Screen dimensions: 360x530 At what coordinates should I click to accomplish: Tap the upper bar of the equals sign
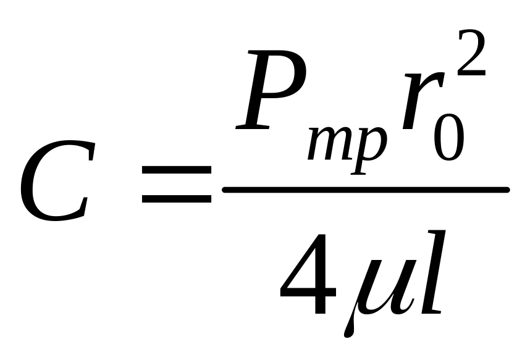point(176,169)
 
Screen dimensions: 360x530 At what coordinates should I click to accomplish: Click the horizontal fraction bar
point(364,190)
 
